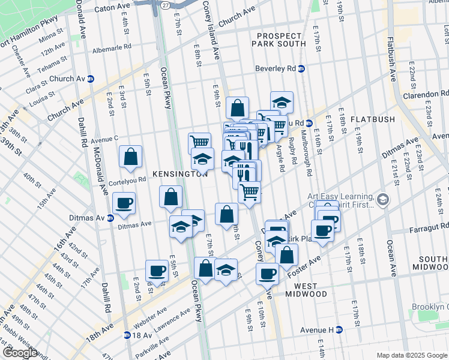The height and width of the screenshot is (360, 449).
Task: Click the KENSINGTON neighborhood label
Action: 179,174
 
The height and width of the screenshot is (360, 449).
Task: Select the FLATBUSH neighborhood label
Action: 373,119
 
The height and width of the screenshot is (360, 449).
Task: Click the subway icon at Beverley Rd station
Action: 302,69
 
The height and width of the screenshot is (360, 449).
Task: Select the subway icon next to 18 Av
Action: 127,335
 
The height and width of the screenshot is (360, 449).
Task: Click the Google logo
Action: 19,353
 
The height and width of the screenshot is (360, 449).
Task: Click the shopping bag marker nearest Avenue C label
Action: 130,157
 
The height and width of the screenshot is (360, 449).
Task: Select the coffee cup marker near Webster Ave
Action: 157,271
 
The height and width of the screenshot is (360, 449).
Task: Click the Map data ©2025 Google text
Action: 411,355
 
